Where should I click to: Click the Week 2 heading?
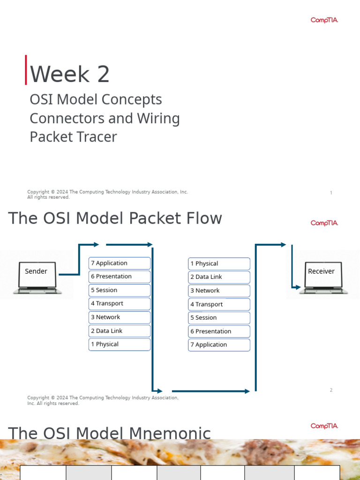point(70,74)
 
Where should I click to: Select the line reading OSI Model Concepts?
point(96,99)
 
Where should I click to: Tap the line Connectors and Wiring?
point(105,118)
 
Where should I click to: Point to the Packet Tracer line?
point(73,137)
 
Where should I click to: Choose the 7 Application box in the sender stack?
point(120,263)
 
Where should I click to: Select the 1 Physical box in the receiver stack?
point(219,264)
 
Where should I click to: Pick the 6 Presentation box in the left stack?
point(120,277)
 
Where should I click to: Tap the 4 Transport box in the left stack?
point(120,304)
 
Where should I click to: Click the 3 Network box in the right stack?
point(219,291)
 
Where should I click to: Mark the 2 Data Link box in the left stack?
point(120,331)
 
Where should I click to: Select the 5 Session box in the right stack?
point(219,318)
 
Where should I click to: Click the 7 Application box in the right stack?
point(219,345)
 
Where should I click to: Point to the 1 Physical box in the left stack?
point(120,345)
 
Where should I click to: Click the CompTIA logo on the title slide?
point(324,20)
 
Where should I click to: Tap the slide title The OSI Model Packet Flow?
point(115,218)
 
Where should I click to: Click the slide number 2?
point(331,390)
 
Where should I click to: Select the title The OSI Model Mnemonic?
point(109,433)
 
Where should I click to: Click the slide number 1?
point(331,193)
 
